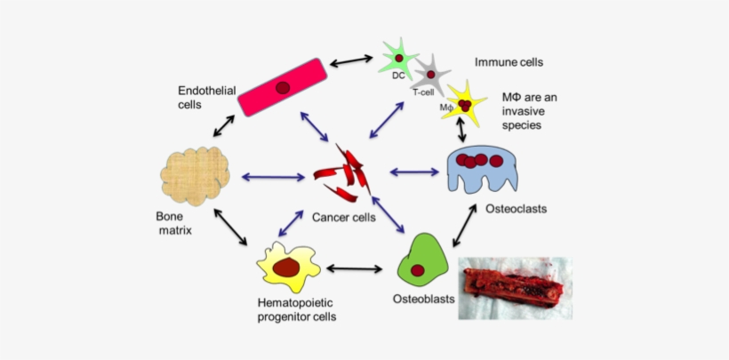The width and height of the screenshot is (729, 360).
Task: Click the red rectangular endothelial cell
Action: coord(281,88)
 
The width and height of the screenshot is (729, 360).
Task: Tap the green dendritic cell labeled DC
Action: coord(398,58)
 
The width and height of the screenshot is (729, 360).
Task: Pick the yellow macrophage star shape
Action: coord(463,103)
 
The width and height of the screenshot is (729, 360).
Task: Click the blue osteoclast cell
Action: coord(479,169)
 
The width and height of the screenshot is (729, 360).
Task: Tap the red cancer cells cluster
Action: coord(348,176)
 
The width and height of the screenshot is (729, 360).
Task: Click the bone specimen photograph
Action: coord(514,287)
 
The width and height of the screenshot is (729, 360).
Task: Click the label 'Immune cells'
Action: coord(508,63)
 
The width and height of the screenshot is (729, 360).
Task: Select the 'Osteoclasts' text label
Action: coord(516,209)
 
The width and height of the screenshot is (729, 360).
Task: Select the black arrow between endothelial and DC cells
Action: coord(350,61)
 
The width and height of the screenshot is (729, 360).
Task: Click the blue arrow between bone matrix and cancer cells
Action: coord(272,177)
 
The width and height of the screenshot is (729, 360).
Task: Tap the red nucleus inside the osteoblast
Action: coord(418,270)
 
